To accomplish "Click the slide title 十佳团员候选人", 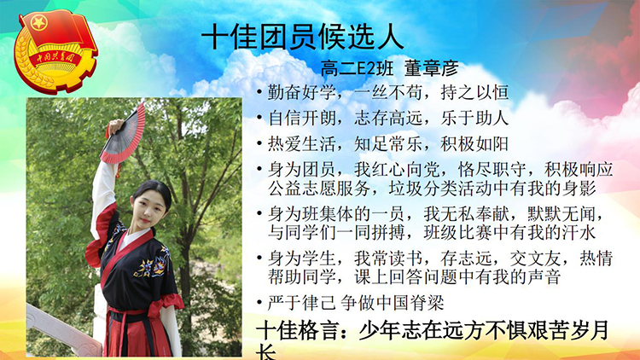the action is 302,37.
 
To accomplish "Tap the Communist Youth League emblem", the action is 55,51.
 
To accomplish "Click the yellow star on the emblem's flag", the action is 39,23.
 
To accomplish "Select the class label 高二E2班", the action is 358,68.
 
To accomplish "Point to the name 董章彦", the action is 432,68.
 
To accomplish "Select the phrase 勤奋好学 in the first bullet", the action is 301,93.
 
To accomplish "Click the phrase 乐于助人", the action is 474,119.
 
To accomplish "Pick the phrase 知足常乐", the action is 388,144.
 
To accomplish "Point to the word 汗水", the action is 579,232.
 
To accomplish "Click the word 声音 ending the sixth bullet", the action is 544,276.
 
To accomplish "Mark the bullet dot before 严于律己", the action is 259,303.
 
